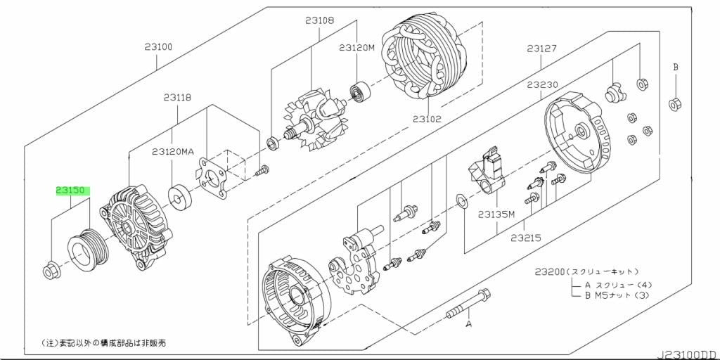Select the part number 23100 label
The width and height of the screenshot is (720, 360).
(x=157, y=47)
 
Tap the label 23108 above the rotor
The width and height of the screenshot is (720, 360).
(x=319, y=20)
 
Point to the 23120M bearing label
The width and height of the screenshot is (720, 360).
(x=357, y=47)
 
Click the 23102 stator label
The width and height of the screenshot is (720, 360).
(x=427, y=119)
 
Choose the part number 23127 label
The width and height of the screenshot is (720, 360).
(x=542, y=48)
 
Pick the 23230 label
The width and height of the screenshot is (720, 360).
(x=542, y=85)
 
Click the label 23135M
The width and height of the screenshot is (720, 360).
(x=496, y=214)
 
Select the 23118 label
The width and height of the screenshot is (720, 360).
(x=176, y=97)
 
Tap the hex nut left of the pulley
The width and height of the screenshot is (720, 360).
(x=50, y=271)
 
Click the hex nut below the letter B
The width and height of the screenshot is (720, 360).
(x=675, y=104)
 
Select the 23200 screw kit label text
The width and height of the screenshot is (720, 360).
(x=586, y=272)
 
